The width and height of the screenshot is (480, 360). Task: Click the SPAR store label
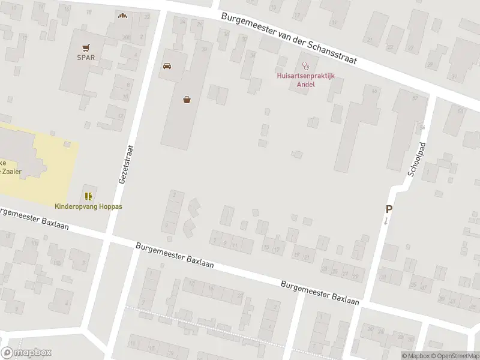86,58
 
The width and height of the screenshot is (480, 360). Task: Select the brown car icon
167,66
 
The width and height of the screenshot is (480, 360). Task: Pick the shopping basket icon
188,100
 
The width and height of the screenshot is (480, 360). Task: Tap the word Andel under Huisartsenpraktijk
306,84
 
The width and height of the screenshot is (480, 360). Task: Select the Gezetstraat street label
127,163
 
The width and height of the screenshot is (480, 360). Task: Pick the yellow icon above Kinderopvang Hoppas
88,196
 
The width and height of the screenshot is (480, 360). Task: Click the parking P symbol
389,209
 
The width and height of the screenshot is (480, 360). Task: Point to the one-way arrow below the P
386,221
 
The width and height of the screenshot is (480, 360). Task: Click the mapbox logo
26,353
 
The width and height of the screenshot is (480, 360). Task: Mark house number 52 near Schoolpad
415,98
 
